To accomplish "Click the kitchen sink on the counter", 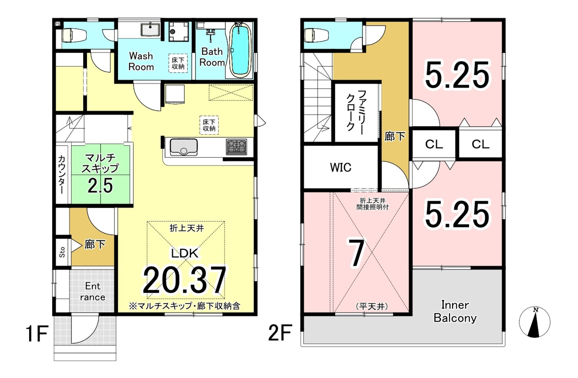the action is pos(183,147).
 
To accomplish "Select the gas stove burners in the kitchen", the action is pos(236,147).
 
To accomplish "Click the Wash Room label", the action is pos(141,61).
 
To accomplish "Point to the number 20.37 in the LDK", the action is pos(184,280).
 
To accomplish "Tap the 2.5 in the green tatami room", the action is pos(100,186).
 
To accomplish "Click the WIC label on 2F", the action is pos(341,168).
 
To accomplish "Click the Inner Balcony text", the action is pos(455,311).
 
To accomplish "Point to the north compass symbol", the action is pos(535,322).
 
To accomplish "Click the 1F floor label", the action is pos(37,334).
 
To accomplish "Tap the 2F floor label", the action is pos(280,333).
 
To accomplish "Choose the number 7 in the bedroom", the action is pos(356,253).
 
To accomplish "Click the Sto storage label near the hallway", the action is pos(62,252).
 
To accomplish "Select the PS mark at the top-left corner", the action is pos(58,24).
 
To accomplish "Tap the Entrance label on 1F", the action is pos(93,292).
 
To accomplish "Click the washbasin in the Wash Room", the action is pos(150,30).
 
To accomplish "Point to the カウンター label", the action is pos(61,174).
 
